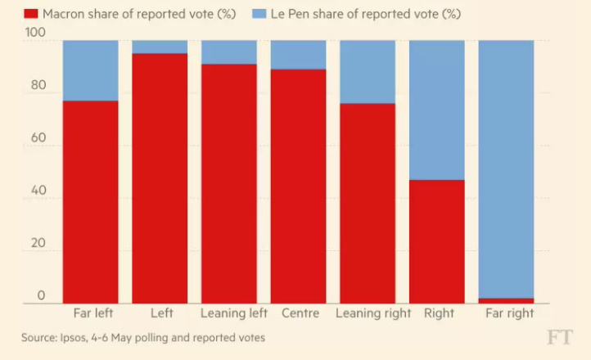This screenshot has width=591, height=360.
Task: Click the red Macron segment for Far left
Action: point(90,201)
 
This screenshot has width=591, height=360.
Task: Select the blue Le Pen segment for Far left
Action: point(90,70)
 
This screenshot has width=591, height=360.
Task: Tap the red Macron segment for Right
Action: point(436,241)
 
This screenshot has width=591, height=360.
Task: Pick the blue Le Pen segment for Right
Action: point(436,110)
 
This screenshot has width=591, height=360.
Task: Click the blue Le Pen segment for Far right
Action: point(506,169)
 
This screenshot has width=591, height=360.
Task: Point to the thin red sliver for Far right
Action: point(506,300)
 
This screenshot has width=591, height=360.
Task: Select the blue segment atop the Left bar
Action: point(160,47)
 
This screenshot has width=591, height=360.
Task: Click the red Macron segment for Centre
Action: point(298,186)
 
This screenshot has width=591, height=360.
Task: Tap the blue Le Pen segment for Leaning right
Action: point(368,72)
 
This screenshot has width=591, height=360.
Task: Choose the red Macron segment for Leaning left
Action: point(229,183)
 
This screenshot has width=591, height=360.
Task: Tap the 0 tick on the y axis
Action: point(40,296)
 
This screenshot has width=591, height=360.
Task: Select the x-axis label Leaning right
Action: point(368,313)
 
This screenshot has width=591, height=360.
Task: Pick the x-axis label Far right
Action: point(509,313)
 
